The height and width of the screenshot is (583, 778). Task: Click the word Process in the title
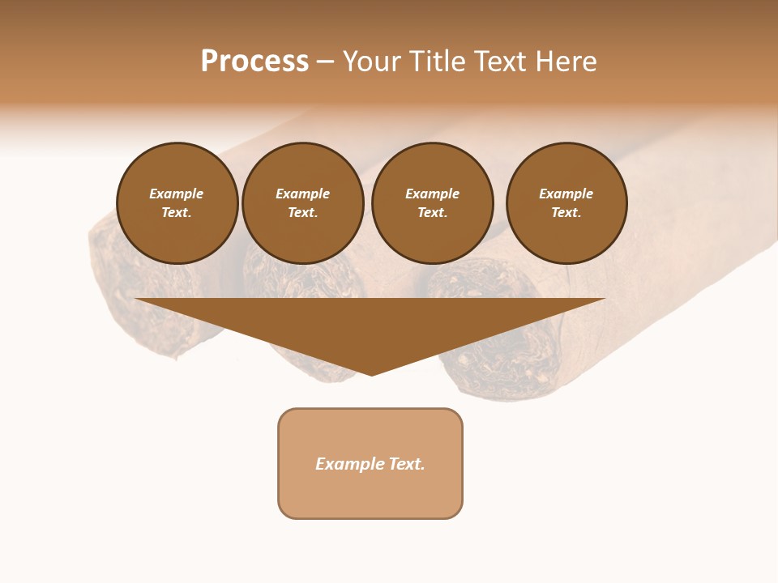[254, 62]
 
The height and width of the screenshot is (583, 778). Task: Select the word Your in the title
[372, 62]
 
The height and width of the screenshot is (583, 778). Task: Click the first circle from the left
[177, 203]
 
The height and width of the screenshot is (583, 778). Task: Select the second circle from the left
[302, 203]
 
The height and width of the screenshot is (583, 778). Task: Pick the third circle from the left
[432, 203]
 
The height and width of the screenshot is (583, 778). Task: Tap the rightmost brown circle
[566, 203]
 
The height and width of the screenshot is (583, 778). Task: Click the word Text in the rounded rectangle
[406, 464]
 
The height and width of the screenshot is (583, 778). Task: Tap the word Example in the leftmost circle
[177, 194]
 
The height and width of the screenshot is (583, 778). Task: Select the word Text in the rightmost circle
[566, 213]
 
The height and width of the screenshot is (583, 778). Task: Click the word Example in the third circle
[432, 194]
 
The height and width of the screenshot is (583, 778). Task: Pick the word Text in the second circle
[302, 213]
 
